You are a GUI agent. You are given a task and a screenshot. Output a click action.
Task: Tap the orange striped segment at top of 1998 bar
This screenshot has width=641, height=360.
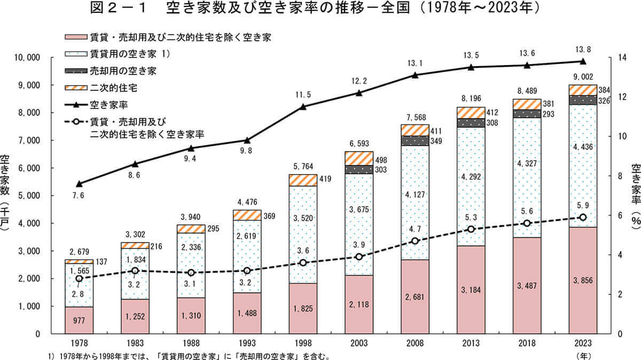click(x=303, y=180)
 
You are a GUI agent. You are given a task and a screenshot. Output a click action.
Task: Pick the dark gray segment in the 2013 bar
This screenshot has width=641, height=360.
click(x=471, y=123)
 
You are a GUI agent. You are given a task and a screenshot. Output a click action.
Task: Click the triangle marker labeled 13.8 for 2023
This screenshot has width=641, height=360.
click(x=582, y=61)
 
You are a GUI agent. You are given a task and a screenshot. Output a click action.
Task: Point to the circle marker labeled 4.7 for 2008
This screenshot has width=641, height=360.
click(x=415, y=241)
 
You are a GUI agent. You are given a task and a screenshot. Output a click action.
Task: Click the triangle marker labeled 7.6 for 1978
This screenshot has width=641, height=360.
click(x=80, y=184)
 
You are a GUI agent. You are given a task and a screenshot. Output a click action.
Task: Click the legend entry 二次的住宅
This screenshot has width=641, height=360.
click(x=110, y=87)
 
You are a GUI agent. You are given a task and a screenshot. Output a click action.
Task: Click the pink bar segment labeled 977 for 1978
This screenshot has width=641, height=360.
click(x=80, y=320)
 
